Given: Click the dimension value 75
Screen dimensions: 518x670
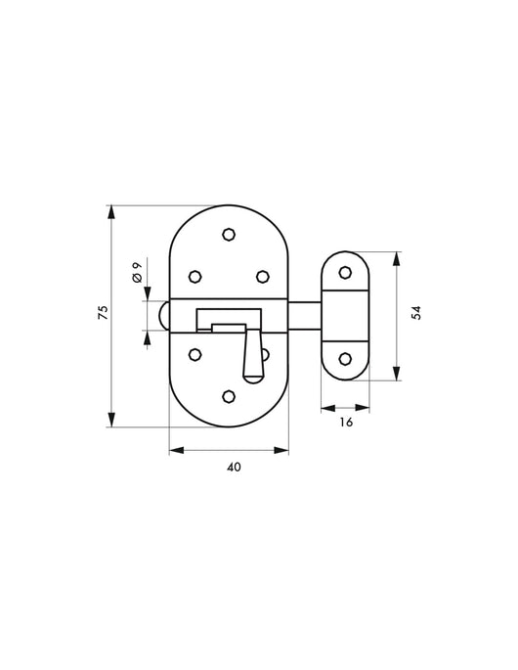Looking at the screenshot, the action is pos(104,312).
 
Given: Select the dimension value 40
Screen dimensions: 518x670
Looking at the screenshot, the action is pos(234,467).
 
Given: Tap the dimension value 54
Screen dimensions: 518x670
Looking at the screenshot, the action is pos(416,312).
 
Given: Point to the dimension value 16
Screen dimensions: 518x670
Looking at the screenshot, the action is pos(346,423).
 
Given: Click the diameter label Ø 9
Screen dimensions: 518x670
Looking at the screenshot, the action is pos(137,272).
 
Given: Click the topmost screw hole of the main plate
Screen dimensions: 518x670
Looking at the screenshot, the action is pos(230,234).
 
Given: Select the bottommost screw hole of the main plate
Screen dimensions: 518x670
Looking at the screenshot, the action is pos(230,396).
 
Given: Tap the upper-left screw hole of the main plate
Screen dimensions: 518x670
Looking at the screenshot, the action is pos(195,277).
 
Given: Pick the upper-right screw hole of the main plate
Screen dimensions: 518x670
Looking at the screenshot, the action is pos(263,277).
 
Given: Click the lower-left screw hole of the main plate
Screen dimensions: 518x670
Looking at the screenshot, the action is pos(195,354).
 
